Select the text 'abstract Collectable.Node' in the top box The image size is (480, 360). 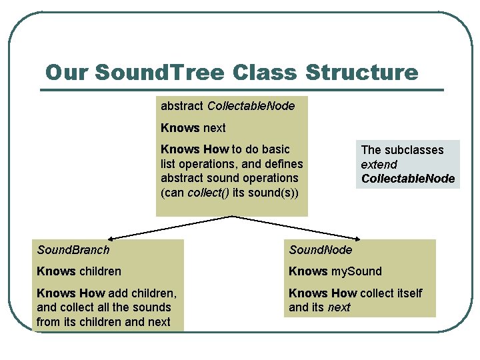[x=227, y=105]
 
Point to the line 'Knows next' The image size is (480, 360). [x=193, y=127]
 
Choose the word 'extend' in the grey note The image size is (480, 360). [x=379, y=164]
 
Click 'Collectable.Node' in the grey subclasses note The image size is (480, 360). [x=407, y=178]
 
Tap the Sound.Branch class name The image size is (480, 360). [x=73, y=250]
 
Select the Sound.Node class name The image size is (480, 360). [x=320, y=250]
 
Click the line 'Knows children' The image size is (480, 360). [x=79, y=271]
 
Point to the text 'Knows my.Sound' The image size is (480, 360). [x=335, y=271]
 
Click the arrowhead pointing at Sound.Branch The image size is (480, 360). [x=111, y=237]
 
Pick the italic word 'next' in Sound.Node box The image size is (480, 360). [x=339, y=307]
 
